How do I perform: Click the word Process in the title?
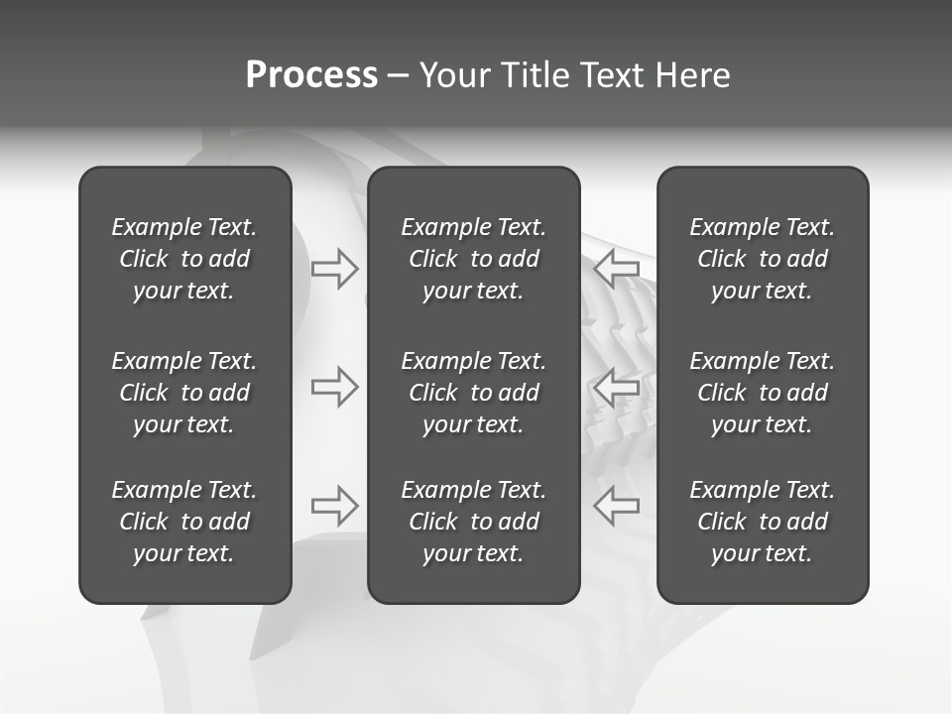(311, 75)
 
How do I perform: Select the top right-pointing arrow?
(335, 269)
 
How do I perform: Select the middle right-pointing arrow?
(335, 387)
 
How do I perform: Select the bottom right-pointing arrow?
(335, 506)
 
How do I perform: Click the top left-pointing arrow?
(616, 269)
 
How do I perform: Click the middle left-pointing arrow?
(616, 387)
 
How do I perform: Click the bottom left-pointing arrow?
(616, 506)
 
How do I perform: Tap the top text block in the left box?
(184, 259)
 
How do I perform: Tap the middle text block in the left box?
(184, 393)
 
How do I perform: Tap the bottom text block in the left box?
(184, 522)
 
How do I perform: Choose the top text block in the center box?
(474, 259)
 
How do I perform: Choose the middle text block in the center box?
(474, 393)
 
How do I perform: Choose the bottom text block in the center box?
(474, 522)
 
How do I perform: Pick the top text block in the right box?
(763, 259)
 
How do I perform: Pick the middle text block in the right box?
(763, 393)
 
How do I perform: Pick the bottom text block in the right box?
(763, 522)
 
